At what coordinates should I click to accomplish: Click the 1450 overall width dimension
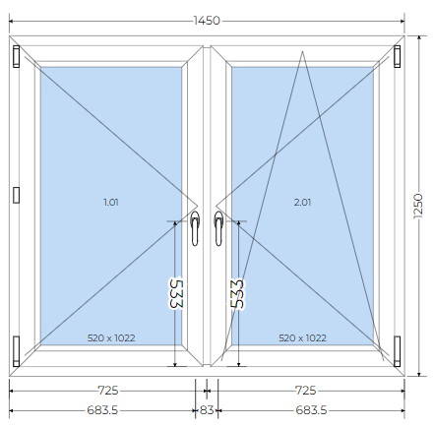(x=207, y=21)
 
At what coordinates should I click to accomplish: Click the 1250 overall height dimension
(x=418, y=206)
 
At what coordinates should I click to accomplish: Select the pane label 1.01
(x=111, y=203)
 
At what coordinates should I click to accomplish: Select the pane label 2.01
(x=302, y=203)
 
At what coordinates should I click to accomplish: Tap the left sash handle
(x=195, y=228)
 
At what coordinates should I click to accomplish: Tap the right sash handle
(x=218, y=228)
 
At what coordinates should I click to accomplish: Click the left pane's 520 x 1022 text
(x=111, y=337)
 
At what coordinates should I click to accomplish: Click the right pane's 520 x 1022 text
(x=302, y=337)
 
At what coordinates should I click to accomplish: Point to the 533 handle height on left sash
(x=176, y=294)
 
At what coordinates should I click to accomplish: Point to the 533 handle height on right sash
(x=237, y=294)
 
